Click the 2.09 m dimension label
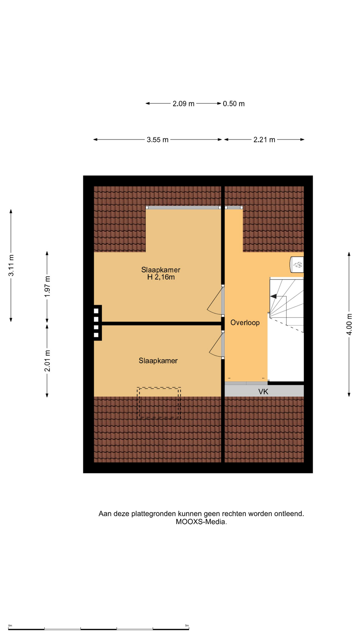(183, 104)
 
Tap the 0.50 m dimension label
(234, 104)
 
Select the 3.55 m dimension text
(158, 140)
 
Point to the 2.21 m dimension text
(264, 140)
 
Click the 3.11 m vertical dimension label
(11, 265)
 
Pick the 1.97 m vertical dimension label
(47, 287)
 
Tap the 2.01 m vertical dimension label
(47, 361)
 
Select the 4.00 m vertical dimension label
(349, 324)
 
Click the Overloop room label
(245, 323)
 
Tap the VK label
(263, 392)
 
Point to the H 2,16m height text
(161, 277)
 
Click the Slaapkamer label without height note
(158, 361)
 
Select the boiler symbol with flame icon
(297, 265)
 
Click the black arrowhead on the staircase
(273, 296)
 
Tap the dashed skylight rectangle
(159, 403)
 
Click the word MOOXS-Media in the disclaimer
(201, 522)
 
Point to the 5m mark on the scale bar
(187, 626)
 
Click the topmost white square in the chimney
(96, 311)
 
